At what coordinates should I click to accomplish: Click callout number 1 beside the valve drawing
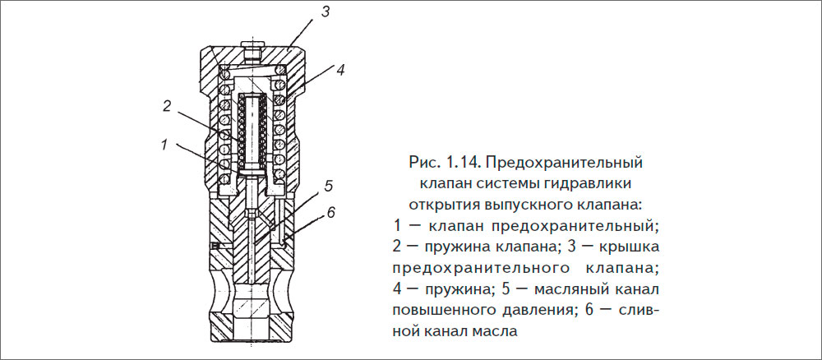(164, 145)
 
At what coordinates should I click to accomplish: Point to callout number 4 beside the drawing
(339, 70)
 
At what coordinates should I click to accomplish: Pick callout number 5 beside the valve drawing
(327, 184)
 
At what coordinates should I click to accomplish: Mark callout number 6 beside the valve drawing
(330, 212)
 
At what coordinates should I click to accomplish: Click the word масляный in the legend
(571, 290)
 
